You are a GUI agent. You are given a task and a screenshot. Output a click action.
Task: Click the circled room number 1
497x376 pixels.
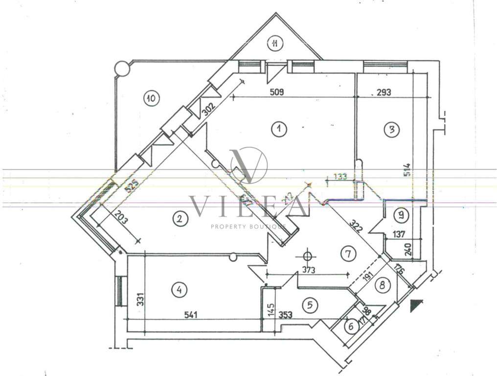278,129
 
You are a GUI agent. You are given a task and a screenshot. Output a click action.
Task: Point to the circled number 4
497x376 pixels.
180,290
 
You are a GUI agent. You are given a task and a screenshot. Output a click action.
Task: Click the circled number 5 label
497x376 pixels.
309,305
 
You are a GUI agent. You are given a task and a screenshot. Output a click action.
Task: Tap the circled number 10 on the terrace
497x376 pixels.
151,98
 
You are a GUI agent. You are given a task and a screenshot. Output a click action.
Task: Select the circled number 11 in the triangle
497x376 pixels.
275,44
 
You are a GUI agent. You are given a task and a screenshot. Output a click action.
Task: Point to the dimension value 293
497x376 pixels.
384,92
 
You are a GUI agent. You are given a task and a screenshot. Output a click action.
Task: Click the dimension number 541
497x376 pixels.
191,315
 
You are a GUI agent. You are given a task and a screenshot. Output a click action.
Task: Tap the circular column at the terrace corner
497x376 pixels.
122,69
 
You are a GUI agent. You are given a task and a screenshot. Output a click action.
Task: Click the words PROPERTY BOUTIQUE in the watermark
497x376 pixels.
248,227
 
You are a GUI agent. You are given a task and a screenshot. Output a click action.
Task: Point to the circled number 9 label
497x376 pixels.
402,214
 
